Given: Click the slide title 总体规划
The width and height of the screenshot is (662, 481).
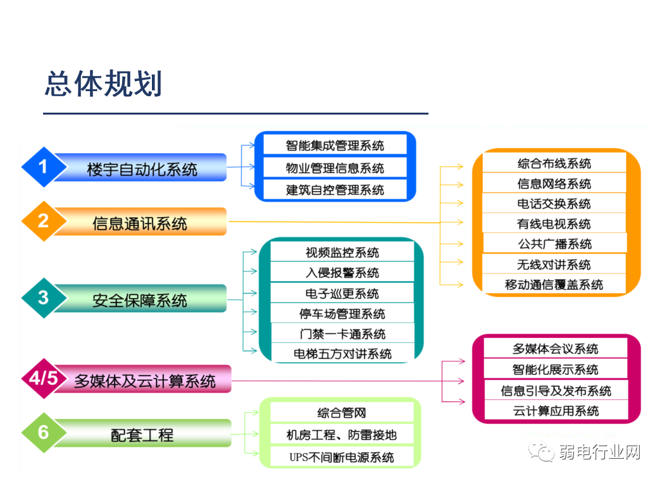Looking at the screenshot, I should tap(103, 84).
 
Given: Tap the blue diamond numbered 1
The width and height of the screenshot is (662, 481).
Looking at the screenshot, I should tap(43, 167).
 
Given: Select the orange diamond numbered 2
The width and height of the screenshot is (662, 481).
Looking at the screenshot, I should tap(43, 221).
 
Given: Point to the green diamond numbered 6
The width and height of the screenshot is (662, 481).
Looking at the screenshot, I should tap(43, 432).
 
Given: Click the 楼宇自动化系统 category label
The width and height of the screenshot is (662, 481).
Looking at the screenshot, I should tap(142, 169).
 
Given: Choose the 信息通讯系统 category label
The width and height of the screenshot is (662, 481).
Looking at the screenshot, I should tap(140, 223).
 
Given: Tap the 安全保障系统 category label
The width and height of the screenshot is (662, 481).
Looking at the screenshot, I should tap(140, 300).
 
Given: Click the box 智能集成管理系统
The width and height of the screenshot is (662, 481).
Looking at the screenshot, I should tap(335, 146).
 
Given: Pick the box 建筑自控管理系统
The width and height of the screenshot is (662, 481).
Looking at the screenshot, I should tap(335, 190).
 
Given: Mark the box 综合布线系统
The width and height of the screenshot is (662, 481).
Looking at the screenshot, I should tap(554, 163).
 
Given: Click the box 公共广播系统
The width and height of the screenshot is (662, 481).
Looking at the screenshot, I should tap(554, 244).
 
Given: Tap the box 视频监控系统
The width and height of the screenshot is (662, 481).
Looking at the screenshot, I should tap(342, 253).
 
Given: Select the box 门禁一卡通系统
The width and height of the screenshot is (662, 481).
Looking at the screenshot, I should tap(342, 334).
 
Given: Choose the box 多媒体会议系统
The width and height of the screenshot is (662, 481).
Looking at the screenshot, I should tap(555, 349).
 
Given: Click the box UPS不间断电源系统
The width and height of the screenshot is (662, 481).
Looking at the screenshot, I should tap(342, 456).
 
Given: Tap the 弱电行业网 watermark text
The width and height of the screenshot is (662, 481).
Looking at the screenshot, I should tap(599, 452).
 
